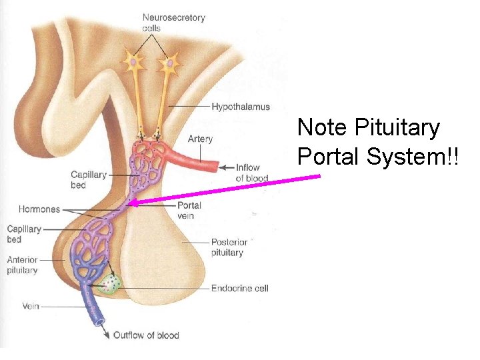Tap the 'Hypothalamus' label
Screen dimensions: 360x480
[241, 107]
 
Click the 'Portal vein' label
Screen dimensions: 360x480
[189, 210]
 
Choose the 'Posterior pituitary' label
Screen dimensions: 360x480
[229, 247]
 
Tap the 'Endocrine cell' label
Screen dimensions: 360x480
[239, 288]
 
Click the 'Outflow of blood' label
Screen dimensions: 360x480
[146, 335]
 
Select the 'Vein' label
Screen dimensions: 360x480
[31, 306]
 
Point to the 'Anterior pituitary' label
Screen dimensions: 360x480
[22, 265]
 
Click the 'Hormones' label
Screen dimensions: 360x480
[39, 209]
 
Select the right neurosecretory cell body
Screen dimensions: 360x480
[169, 65]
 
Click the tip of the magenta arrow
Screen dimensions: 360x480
[131, 203]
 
